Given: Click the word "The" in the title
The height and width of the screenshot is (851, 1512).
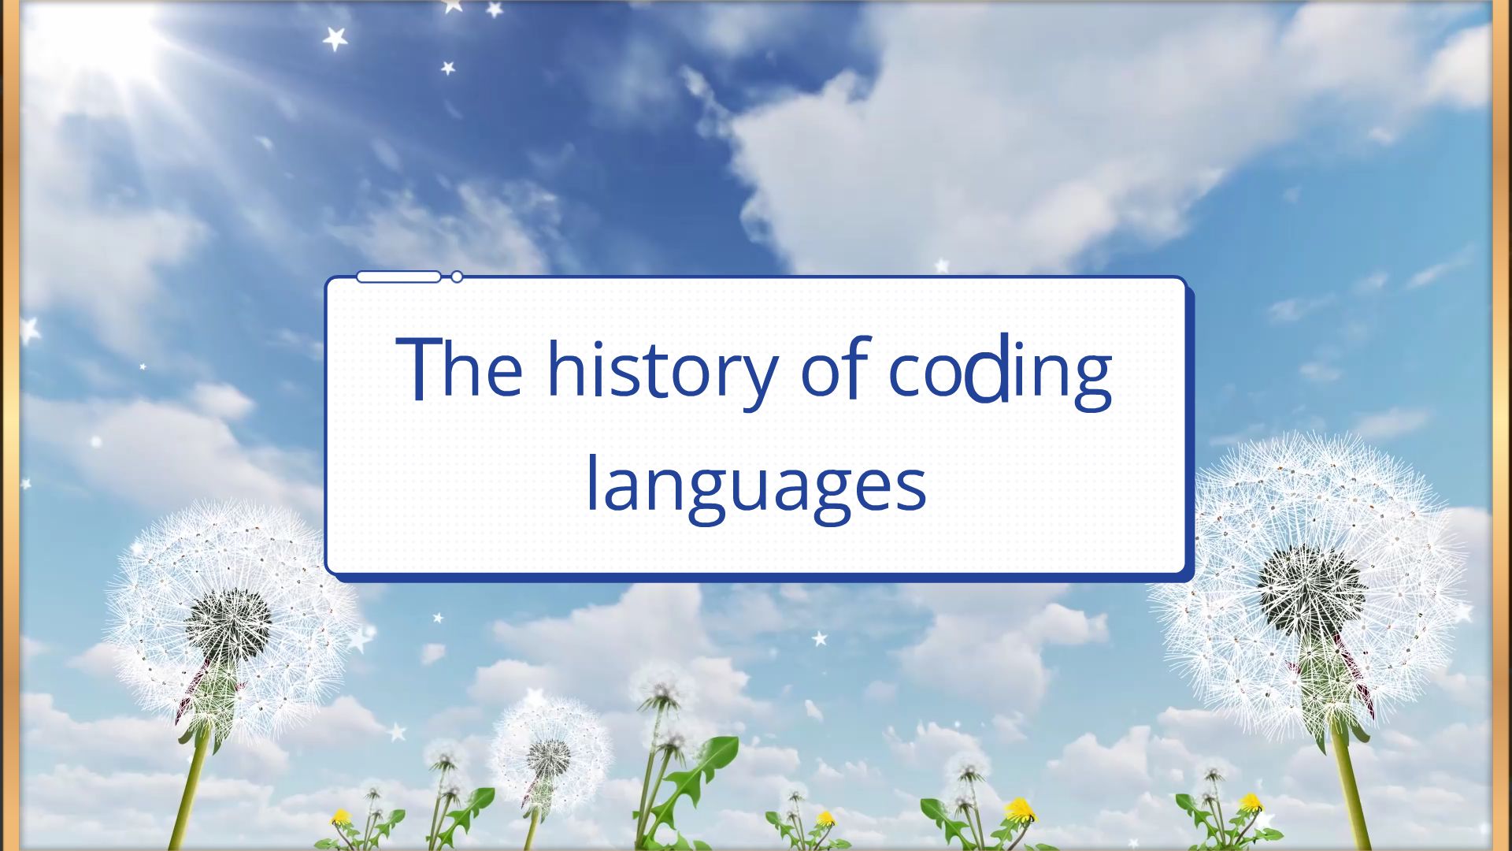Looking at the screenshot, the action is [459, 368].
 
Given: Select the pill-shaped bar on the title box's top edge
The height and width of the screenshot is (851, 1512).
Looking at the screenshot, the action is [398, 277].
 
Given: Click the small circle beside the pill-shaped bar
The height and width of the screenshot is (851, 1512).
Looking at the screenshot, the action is [457, 277].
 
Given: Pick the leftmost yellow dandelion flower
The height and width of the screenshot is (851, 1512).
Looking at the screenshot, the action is [340, 817].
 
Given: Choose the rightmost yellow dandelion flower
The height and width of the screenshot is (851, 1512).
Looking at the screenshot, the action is [1251, 803].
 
